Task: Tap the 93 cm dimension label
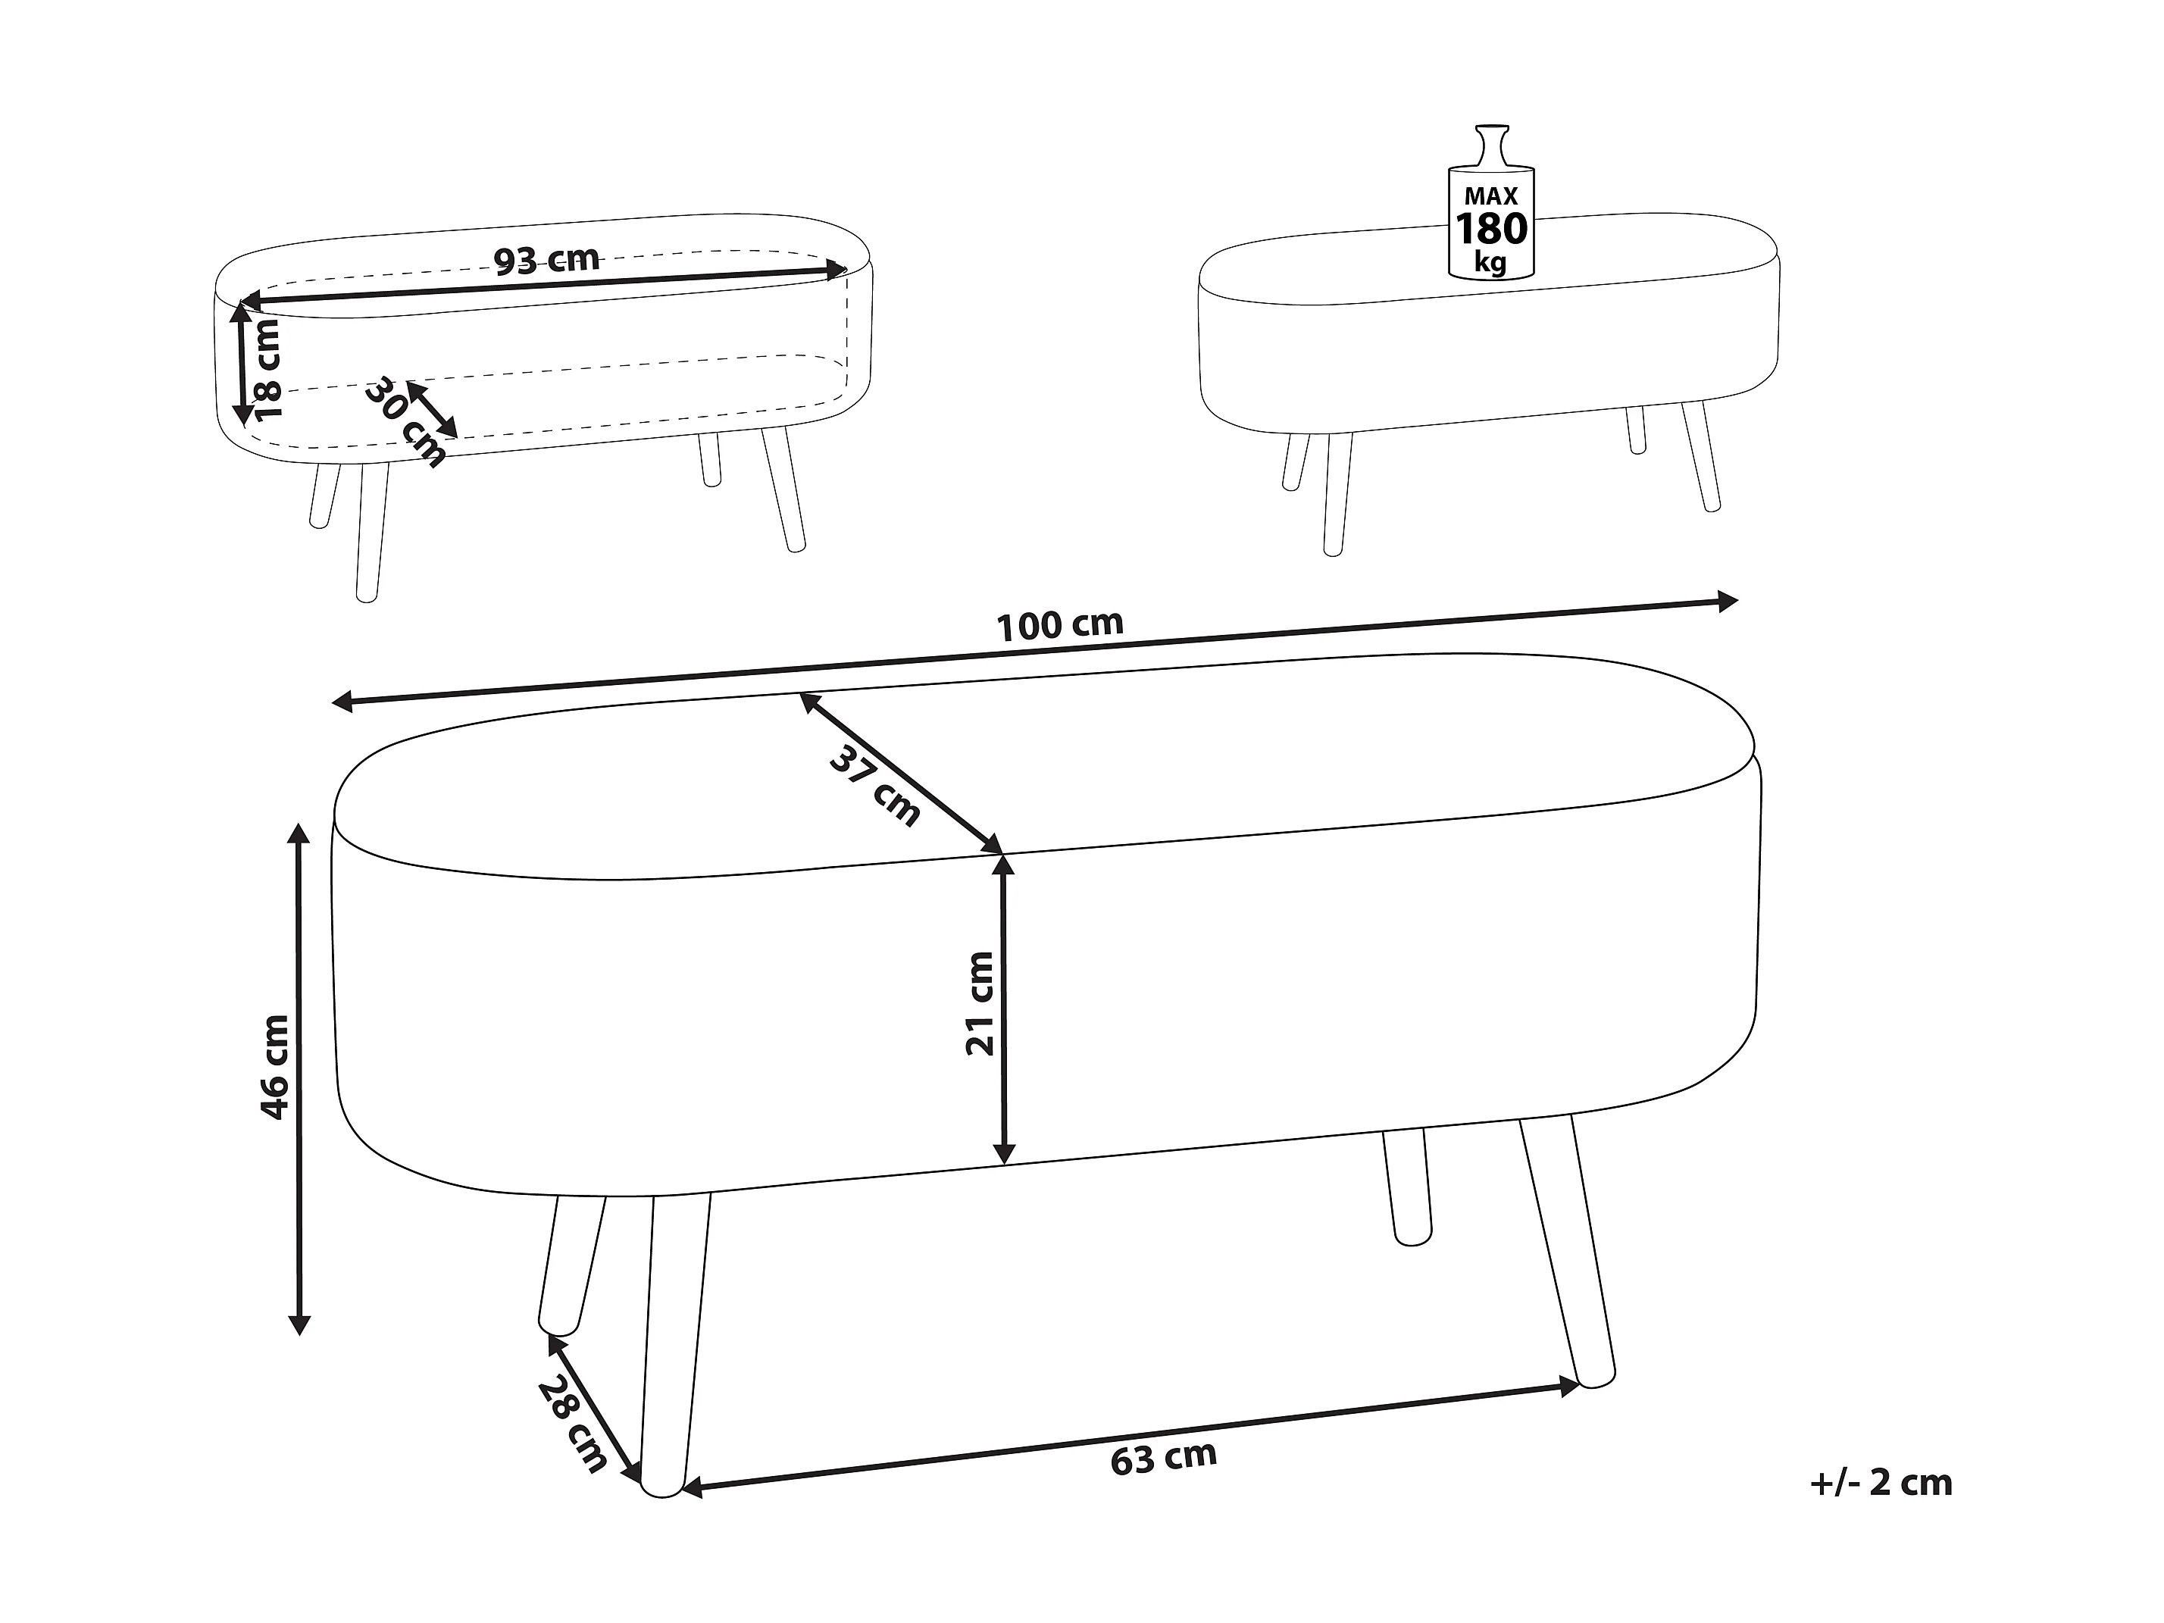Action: coord(546,259)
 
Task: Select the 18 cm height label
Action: coord(266,370)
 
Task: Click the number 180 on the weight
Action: coord(1492,229)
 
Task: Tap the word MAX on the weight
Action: coord(1491,197)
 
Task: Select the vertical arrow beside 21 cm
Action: coord(1002,1009)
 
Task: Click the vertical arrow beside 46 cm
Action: coord(299,1079)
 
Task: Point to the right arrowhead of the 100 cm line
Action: coord(1726,601)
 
